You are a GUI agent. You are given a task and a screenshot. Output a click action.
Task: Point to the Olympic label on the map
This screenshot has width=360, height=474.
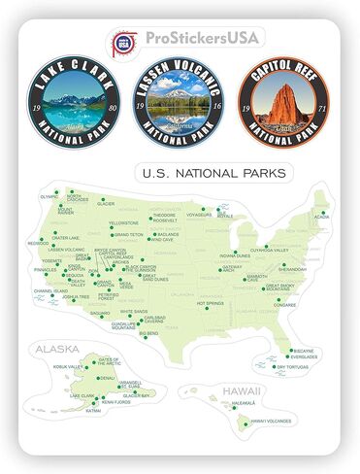(49, 195)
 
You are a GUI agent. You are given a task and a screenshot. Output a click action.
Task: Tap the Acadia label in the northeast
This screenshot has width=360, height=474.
(322, 217)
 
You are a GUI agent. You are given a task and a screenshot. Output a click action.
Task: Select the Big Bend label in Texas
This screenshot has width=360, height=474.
(149, 333)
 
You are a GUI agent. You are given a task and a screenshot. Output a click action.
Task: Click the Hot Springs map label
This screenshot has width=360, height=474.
(210, 303)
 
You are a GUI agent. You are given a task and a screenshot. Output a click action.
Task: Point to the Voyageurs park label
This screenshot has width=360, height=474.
(199, 214)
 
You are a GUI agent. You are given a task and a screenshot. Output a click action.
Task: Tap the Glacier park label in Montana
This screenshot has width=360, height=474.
(106, 204)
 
